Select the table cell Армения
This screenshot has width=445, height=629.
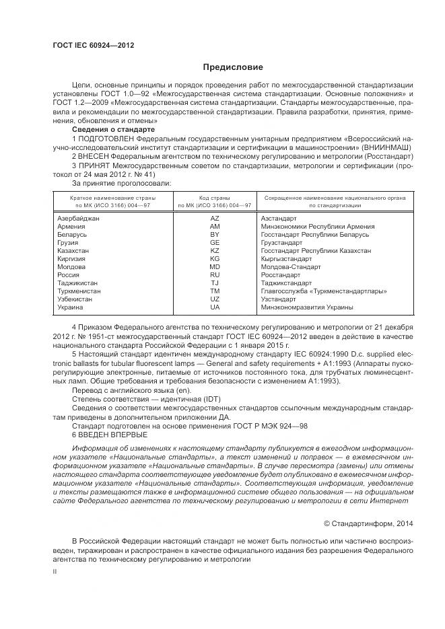[72, 227]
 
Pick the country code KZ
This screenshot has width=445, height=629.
[215, 250]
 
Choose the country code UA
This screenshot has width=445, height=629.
[215, 307]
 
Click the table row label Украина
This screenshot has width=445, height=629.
[71, 307]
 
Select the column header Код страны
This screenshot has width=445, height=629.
[215, 198]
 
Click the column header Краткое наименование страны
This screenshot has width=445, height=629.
[113, 198]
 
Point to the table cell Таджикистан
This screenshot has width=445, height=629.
[77, 283]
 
